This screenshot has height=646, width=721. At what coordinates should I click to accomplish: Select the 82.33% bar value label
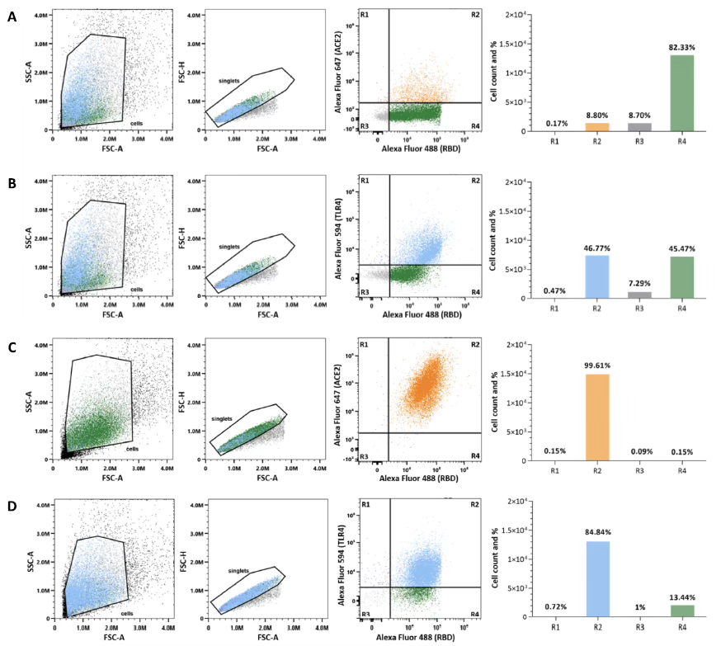tap(681, 48)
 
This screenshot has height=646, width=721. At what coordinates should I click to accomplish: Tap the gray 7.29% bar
tap(639, 295)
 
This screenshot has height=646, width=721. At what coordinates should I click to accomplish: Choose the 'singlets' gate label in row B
tap(230, 246)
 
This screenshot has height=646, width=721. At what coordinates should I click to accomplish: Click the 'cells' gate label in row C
tap(133, 448)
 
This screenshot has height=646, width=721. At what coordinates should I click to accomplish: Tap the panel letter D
tap(10, 503)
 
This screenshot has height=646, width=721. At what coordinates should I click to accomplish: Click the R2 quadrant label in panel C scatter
tap(474, 344)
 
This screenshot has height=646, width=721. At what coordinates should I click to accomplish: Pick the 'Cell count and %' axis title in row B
tap(494, 239)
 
